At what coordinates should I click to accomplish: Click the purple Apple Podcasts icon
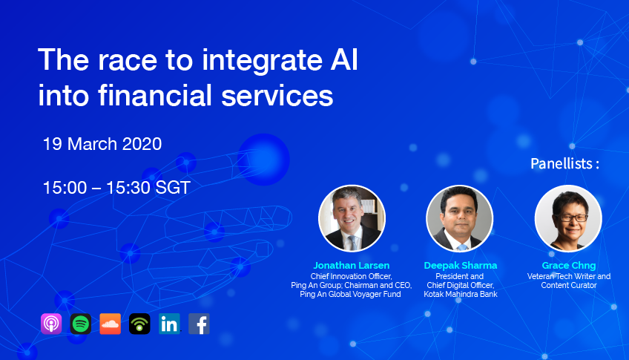51,324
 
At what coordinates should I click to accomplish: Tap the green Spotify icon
81,324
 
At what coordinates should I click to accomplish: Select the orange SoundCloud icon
110,324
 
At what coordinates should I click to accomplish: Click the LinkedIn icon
169,324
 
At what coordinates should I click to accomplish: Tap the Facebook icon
199,324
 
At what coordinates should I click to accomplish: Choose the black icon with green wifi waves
139,324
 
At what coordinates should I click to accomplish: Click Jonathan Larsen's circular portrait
352,219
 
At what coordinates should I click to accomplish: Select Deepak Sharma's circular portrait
460,219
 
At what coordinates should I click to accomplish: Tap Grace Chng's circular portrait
568,219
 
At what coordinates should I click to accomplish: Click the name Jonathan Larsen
352,265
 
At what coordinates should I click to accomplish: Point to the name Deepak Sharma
461,265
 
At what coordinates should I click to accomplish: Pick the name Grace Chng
569,265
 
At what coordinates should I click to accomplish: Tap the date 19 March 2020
102,144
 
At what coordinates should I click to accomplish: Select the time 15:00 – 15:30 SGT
116,188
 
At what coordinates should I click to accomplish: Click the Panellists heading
564,163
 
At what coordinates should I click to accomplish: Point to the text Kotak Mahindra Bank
461,294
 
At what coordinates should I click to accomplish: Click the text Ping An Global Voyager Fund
350,294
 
